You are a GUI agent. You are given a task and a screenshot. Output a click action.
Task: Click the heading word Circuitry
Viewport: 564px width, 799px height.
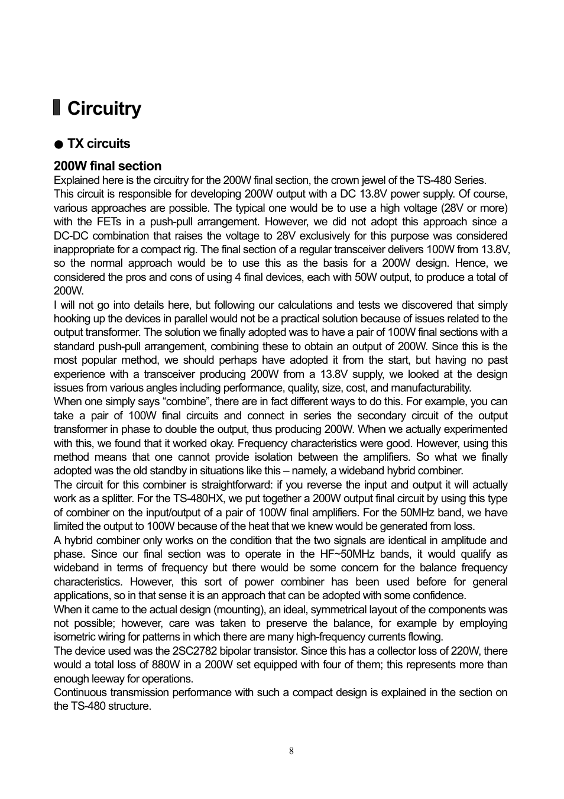point(104,109)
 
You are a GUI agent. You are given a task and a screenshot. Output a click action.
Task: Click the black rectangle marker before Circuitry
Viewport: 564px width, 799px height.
point(57,108)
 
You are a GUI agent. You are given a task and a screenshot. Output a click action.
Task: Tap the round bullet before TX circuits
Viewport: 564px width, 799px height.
point(58,144)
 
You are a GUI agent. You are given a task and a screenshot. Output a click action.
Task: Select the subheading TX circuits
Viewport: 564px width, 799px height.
point(99,144)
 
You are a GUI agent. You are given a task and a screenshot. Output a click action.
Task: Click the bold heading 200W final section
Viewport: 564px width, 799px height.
point(108,166)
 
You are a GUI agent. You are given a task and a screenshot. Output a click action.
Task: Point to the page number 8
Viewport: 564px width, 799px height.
point(291,751)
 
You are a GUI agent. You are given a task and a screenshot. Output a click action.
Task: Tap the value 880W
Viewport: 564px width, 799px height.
point(158,665)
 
